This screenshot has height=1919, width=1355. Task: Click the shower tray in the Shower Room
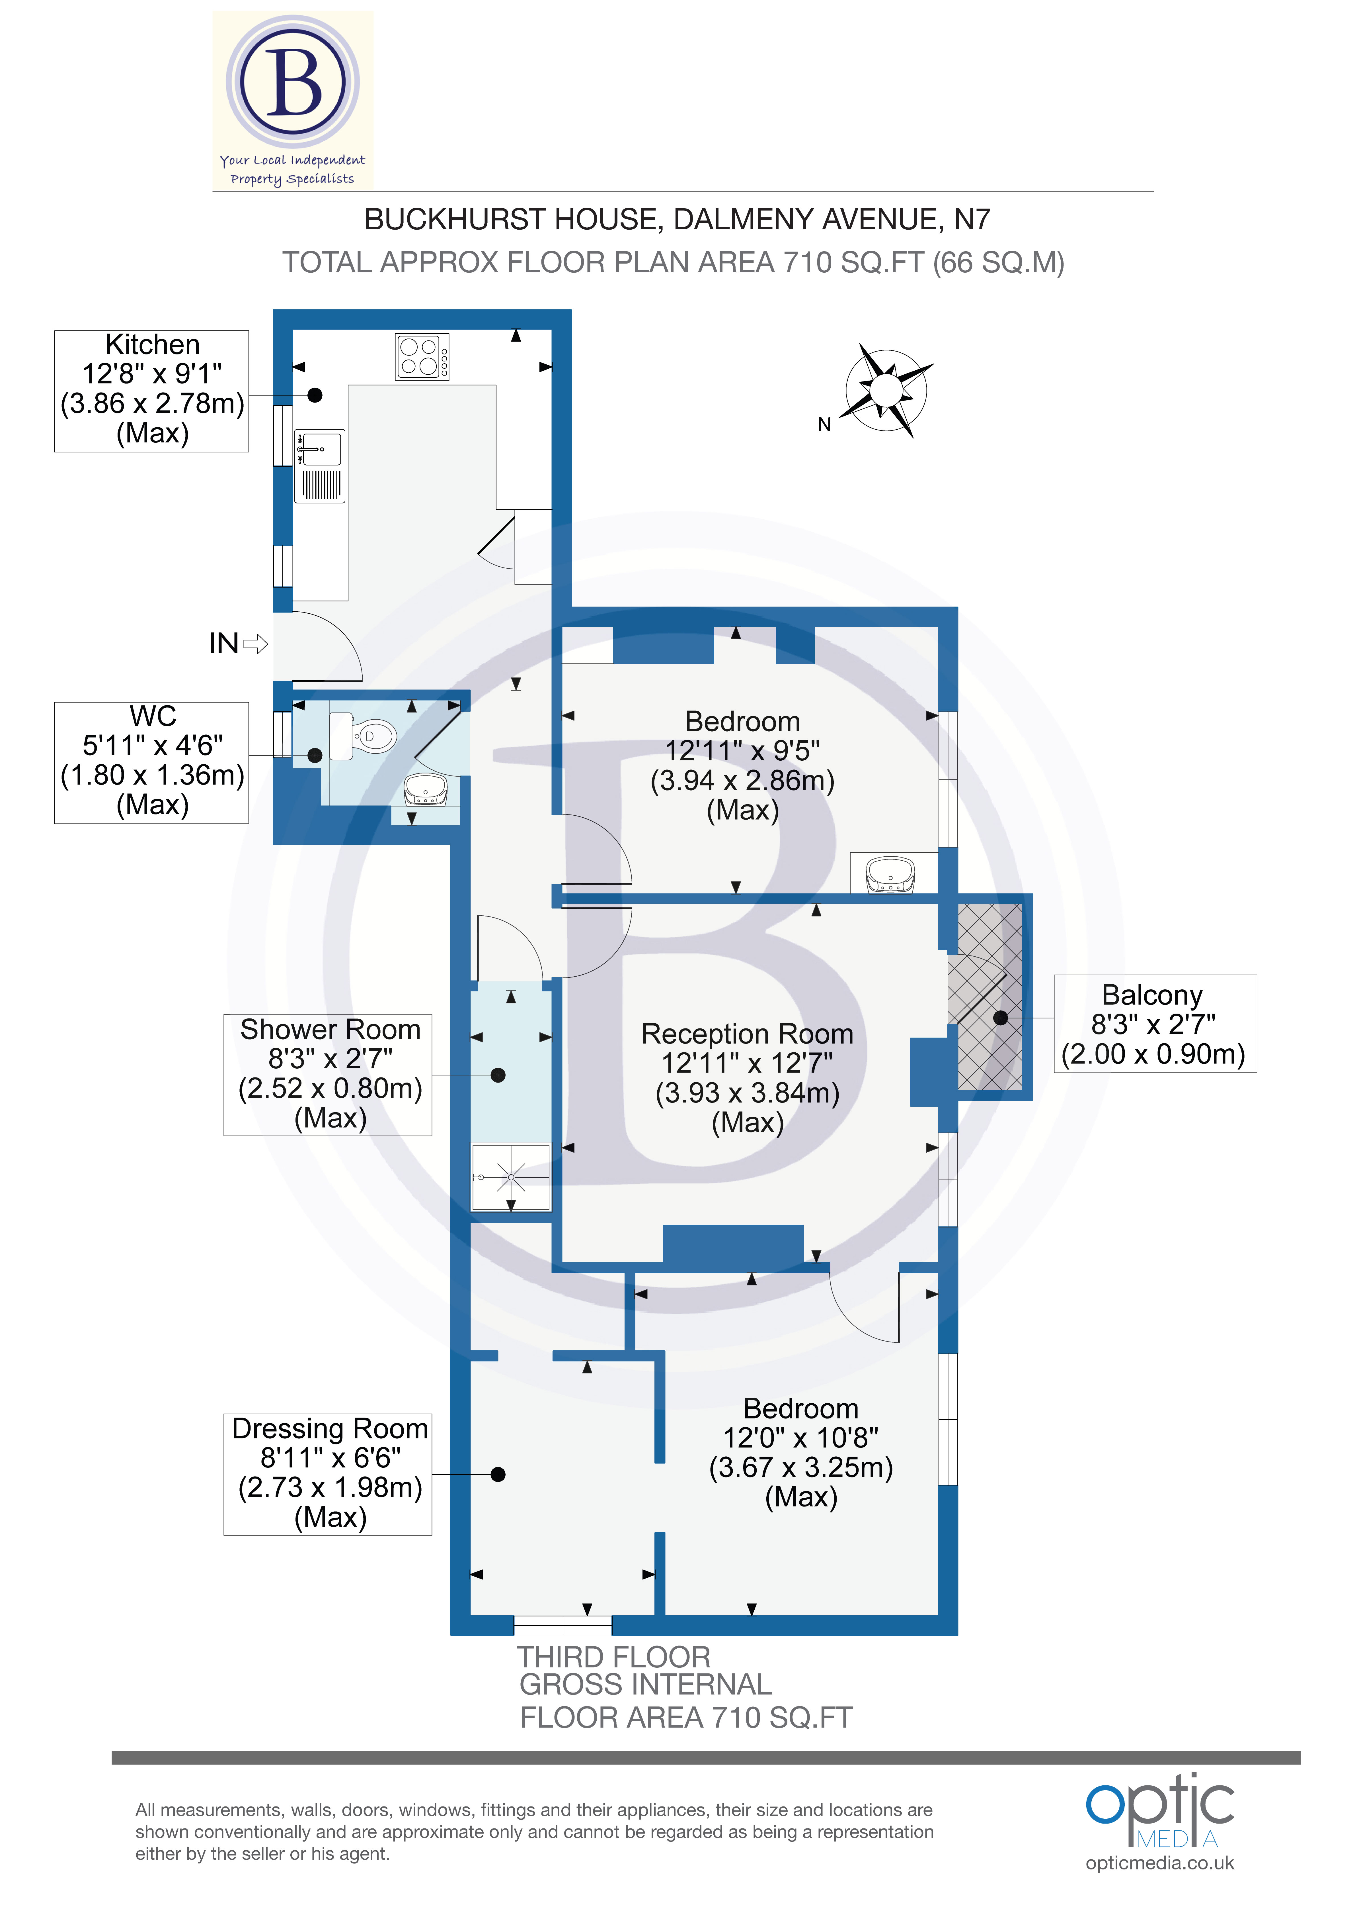coord(510,1177)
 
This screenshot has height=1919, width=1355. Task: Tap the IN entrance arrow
coord(238,643)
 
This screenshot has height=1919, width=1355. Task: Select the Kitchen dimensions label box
coord(152,390)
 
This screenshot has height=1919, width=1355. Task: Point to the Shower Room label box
coord(328,1074)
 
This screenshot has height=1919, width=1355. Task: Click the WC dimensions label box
coord(152,762)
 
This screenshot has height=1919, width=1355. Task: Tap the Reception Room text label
coord(747,1034)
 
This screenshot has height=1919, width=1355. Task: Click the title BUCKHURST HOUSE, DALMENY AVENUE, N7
coord(677,219)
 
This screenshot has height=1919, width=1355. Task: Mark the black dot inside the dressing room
coord(498,1474)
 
